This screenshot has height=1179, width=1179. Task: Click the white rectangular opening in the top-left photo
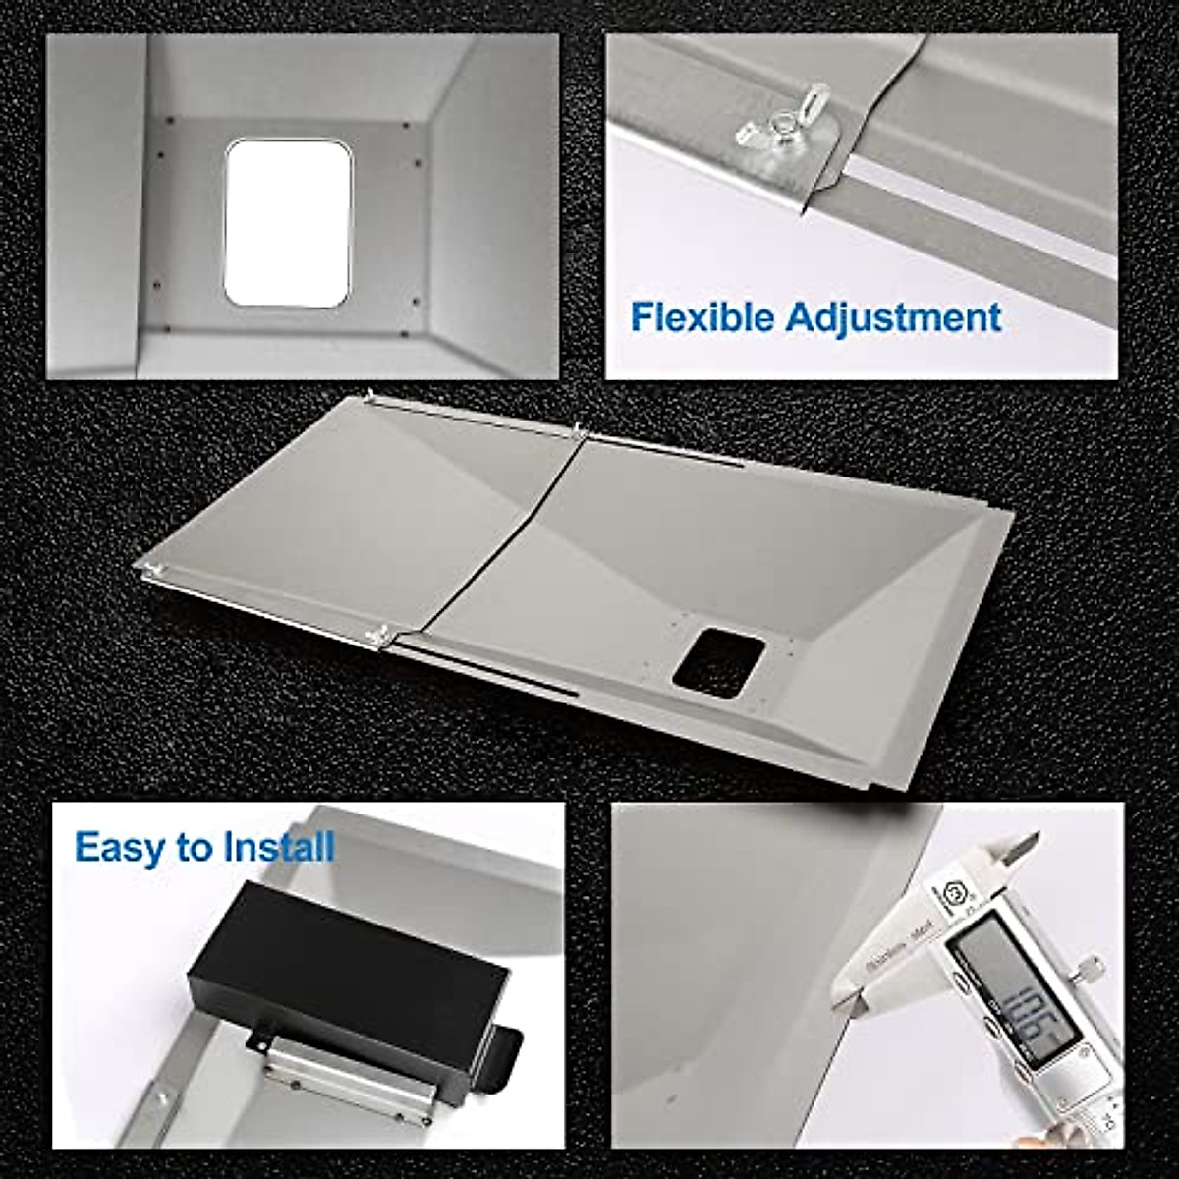(x=287, y=222)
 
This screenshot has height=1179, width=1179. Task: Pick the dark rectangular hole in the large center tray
(x=718, y=664)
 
